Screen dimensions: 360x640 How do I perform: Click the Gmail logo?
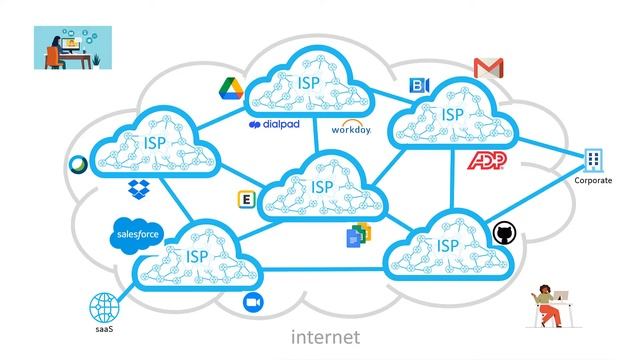pos(488,68)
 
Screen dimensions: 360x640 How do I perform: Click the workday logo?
pos(351,129)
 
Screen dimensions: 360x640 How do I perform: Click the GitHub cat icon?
pos(503,234)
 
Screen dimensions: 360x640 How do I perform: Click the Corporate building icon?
pos(595,160)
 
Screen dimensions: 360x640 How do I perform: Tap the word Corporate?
pos(594,181)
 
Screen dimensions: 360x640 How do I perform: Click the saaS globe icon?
pos(104,306)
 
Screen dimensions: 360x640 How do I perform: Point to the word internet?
pos(325,337)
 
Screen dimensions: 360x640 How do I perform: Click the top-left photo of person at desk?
pos(73,47)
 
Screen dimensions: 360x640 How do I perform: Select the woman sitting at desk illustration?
pos(550,304)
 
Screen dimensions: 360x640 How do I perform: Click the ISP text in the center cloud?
pos(322,187)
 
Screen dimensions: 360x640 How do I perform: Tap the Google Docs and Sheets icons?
pos(358,236)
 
